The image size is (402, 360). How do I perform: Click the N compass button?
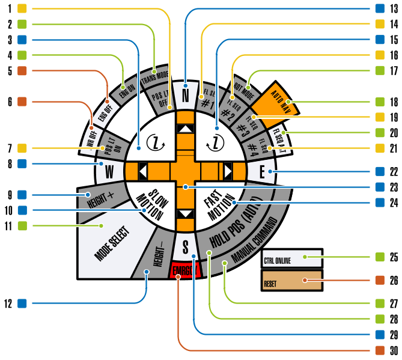pyautogui.click(x=186, y=94)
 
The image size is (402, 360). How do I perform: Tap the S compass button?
pyautogui.click(x=186, y=247)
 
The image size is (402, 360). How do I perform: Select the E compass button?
pyautogui.click(x=262, y=172)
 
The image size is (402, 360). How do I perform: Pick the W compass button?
pyautogui.click(x=109, y=171)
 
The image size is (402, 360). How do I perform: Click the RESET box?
pyautogui.click(x=291, y=280)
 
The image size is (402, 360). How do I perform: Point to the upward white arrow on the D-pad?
pyautogui.click(x=186, y=129)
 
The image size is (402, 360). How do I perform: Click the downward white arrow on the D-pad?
pyautogui.click(x=186, y=214)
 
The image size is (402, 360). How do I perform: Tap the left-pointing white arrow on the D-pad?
pyautogui.click(x=143, y=172)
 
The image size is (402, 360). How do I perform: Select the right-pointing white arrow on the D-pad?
pyautogui.click(x=228, y=172)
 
